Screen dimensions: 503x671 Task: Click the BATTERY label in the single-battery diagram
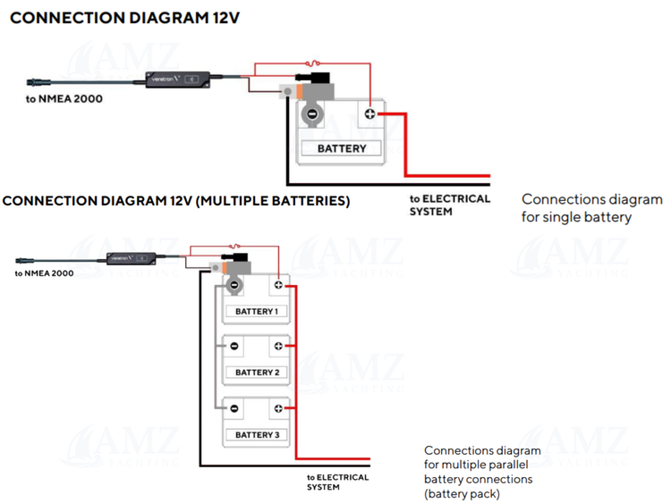pos(342,148)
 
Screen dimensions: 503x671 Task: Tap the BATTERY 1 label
pos(256,312)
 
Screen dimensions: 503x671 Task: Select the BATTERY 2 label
pos(256,373)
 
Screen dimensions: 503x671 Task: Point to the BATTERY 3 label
pos(256,435)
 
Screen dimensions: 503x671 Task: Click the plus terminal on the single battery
pos(369,114)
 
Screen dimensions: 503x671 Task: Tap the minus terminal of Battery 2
pos(234,346)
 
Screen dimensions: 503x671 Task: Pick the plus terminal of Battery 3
pos(278,408)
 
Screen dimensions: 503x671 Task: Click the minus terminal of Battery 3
pos(234,408)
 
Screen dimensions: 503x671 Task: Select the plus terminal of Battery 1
pos(278,285)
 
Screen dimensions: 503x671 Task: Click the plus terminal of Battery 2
pos(278,346)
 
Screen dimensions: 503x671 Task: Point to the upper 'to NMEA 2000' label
pos(64,98)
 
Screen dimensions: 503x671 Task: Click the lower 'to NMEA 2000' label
pos(44,272)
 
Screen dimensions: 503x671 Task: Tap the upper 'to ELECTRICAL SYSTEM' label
pos(449,205)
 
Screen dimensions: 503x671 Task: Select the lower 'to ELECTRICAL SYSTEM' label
pos(337,482)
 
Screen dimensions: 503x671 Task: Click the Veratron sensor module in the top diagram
pos(178,79)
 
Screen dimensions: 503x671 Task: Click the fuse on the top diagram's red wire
pos(310,63)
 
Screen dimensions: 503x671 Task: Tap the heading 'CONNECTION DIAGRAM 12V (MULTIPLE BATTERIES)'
pos(176,200)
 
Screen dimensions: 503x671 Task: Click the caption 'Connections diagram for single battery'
pos(591,208)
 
